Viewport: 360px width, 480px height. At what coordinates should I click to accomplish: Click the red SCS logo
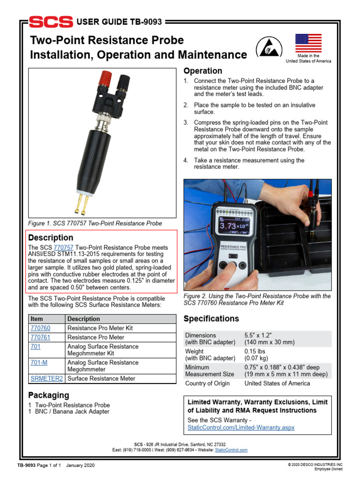tap(50, 22)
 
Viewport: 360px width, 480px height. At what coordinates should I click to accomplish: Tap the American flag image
tap(308, 44)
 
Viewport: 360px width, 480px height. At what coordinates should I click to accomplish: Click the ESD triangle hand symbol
tap(266, 47)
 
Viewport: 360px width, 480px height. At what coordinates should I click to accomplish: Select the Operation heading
tap(202, 71)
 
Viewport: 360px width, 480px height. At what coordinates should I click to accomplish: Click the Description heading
tap(51, 238)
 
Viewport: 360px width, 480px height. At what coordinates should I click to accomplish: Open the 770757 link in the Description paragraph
tap(64, 247)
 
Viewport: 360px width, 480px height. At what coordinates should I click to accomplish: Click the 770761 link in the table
tap(40, 337)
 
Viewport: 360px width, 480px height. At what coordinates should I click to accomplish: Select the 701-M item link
tap(38, 362)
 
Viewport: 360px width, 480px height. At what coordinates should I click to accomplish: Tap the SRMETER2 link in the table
tap(46, 378)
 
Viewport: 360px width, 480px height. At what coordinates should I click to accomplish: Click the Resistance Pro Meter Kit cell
tap(100, 328)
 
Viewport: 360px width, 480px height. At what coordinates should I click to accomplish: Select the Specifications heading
tap(211, 319)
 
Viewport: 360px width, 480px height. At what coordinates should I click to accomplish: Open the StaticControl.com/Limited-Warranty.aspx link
tap(240, 427)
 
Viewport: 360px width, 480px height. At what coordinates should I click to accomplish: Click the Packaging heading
tap(48, 395)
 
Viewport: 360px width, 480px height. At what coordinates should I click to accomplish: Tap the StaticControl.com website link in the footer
tap(231, 450)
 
